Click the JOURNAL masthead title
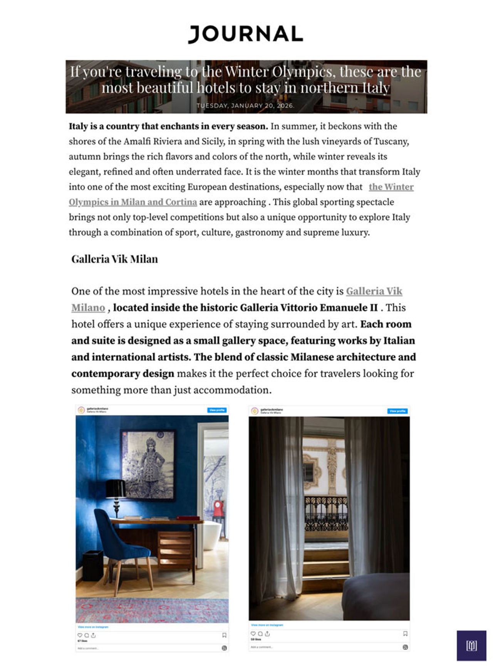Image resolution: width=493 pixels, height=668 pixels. tap(245, 34)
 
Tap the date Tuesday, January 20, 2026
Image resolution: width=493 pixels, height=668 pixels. tap(245, 106)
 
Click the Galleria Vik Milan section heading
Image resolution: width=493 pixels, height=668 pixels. tap(114, 259)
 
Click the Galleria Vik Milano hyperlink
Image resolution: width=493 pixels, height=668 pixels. tap(374, 291)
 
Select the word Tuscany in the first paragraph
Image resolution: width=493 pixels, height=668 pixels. tap(391, 141)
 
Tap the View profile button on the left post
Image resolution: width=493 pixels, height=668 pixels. tap(217, 410)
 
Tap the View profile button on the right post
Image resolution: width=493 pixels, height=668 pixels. tap(397, 411)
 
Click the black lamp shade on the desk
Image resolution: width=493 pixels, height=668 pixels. tap(115, 488)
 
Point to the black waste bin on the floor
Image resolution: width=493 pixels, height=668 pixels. tap(93, 566)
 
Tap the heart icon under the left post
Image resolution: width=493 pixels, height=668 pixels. tap(80, 635)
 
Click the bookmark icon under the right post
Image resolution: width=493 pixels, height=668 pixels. tap(405, 634)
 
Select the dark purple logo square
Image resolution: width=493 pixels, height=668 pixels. tap(471, 645)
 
